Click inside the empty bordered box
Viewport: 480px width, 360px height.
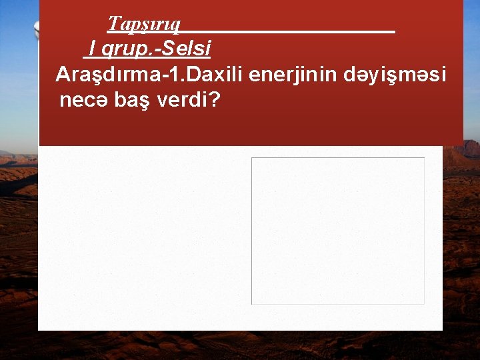(337, 231)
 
